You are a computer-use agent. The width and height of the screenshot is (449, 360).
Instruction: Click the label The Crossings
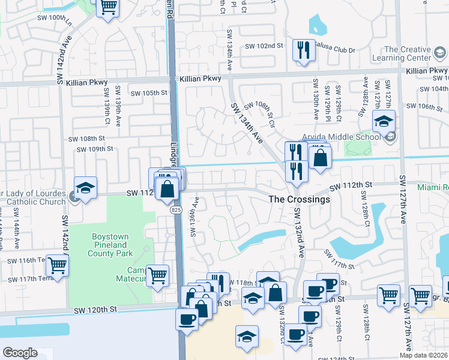pos(299,199)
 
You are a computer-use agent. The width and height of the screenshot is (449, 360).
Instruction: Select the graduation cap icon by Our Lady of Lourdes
pos(85,188)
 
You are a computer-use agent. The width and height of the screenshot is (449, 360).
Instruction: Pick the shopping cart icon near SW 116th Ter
pos(57,265)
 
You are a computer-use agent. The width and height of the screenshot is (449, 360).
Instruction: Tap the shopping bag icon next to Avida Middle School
pos(321,158)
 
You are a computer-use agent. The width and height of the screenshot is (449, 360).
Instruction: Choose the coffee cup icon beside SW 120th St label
pos(187,319)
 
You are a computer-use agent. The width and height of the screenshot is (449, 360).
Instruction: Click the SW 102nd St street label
pos(264,46)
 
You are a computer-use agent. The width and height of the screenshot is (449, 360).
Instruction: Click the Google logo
pos(20,353)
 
